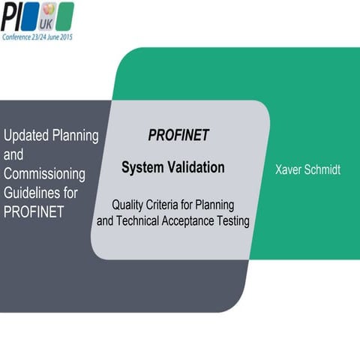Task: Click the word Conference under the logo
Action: pos(17,34)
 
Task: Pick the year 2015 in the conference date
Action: pos(67,34)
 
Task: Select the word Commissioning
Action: pos(44,174)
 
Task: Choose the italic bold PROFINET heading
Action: pos(178,136)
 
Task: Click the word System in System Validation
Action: pos(142,167)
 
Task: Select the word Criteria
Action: pos(169,204)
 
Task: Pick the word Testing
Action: pos(232,221)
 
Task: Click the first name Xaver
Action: pos(289,170)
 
